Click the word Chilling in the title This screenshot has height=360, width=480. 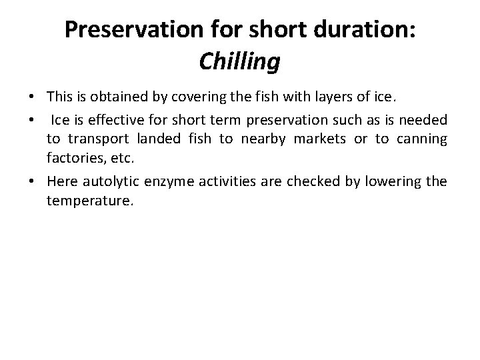pos(239,62)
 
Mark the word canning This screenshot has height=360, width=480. pos(420,140)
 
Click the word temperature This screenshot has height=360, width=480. pos(90,199)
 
